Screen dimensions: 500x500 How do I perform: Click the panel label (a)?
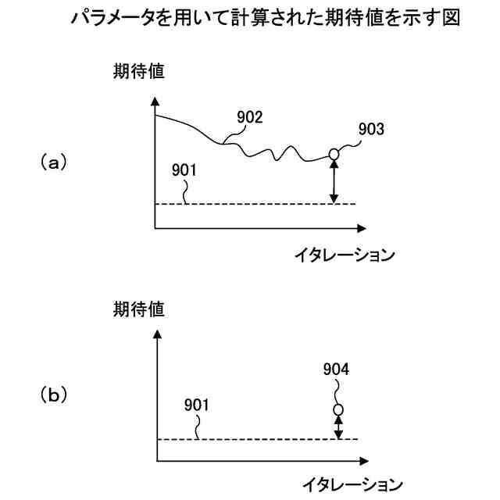[53, 162]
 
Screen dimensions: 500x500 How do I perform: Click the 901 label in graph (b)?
[197, 406]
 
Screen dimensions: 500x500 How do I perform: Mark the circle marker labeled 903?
[334, 155]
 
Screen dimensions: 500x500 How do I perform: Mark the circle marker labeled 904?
[338, 409]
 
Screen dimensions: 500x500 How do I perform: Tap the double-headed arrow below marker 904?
[338, 427]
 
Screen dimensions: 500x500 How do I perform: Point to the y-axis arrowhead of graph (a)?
[155, 102]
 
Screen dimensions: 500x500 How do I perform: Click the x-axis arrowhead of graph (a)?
[360, 229]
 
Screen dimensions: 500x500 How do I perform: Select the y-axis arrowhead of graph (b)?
[157, 334]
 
